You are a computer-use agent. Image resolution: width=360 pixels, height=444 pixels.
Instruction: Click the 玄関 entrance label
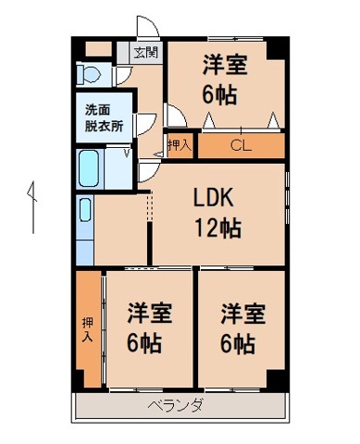(x=143, y=52)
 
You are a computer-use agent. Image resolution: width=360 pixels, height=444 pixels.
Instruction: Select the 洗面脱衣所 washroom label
(x=104, y=117)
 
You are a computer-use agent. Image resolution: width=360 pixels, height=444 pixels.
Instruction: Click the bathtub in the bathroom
(x=90, y=169)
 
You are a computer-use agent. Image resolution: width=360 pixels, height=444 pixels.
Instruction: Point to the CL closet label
(x=240, y=145)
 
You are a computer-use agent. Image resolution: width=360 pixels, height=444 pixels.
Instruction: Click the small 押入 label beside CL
(x=180, y=145)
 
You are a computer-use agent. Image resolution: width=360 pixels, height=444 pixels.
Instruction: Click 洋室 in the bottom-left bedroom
(x=148, y=313)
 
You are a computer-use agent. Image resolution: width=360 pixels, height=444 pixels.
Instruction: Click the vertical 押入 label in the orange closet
(x=88, y=329)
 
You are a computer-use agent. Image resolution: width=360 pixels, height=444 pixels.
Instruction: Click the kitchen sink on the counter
(x=84, y=211)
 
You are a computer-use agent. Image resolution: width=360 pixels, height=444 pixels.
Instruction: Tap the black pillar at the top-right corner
(x=280, y=44)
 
